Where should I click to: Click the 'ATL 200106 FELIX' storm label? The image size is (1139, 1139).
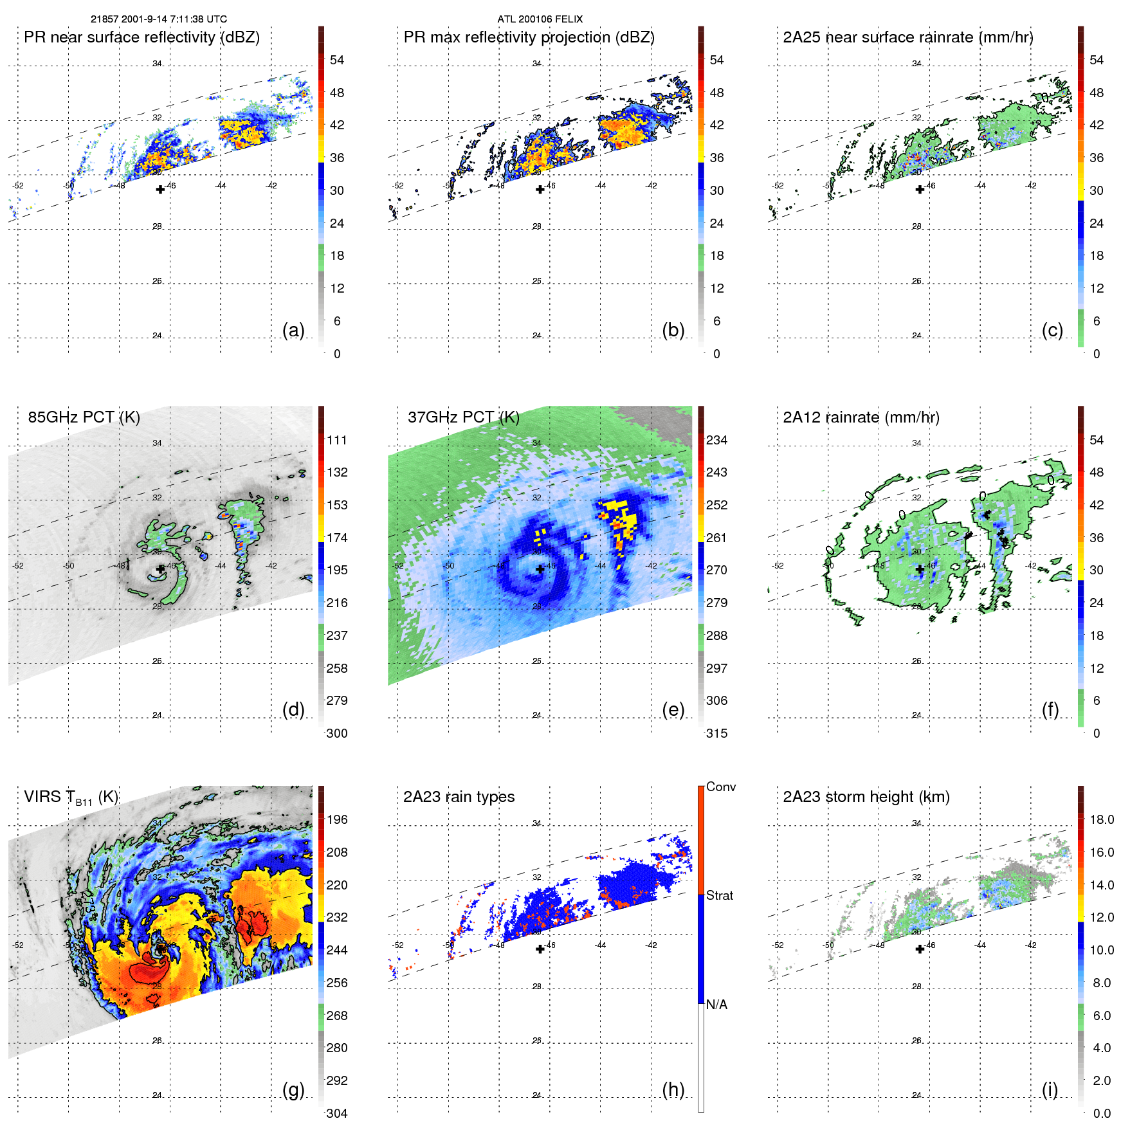(x=540, y=19)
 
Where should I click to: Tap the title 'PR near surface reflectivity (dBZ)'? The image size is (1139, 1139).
(x=141, y=37)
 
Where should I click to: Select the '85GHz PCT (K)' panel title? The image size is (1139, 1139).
(x=84, y=417)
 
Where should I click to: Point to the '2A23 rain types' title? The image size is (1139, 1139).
(x=459, y=797)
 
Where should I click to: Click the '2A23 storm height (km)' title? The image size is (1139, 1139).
(x=866, y=797)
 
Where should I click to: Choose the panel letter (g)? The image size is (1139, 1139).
(x=293, y=1089)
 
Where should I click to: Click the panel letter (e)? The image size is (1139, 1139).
(x=673, y=710)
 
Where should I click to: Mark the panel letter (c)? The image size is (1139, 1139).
(x=1052, y=331)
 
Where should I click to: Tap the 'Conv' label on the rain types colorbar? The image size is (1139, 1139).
(x=720, y=787)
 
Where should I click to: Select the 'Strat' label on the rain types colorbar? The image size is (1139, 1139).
(x=719, y=895)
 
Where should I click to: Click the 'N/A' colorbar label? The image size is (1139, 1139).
(x=716, y=1005)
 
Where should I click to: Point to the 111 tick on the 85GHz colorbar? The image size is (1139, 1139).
(x=336, y=441)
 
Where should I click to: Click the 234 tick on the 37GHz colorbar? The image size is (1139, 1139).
(x=716, y=441)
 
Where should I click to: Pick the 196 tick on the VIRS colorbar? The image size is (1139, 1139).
(x=336, y=820)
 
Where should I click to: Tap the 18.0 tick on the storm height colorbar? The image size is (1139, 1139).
(x=1101, y=820)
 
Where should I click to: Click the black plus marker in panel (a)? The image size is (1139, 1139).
(x=160, y=190)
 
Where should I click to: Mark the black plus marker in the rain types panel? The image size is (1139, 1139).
(x=540, y=949)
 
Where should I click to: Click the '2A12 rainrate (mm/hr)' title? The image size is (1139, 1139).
(x=861, y=417)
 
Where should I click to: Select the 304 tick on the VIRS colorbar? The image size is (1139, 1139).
(x=336, y=1113)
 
